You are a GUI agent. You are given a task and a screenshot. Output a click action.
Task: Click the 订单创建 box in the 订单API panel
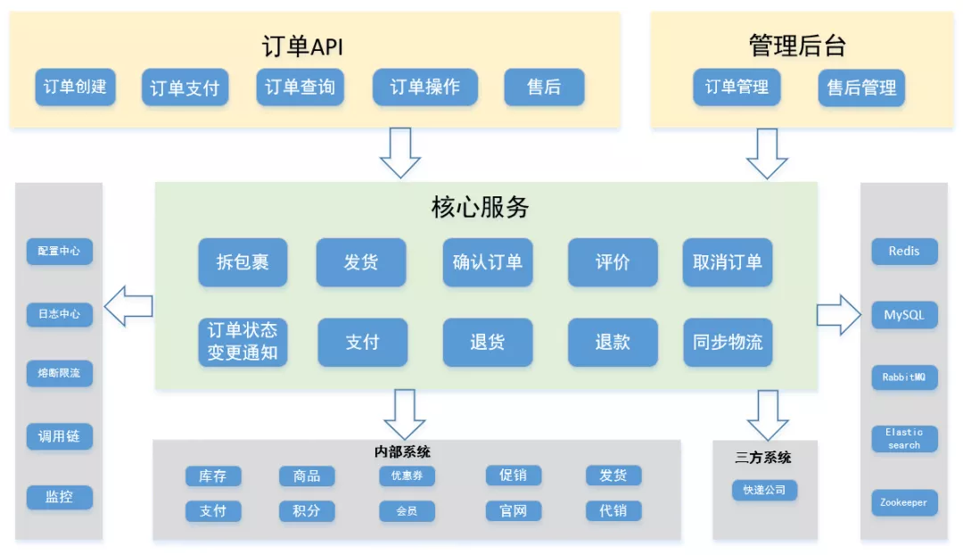tap(75, 87)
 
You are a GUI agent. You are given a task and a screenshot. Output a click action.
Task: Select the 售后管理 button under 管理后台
tap(861, 88)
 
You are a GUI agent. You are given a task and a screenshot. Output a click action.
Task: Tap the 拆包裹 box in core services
tap(243, 262)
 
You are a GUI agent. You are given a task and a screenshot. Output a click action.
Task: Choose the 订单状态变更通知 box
tap(243, 342)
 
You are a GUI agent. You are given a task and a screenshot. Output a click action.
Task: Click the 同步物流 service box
tap(728, 342)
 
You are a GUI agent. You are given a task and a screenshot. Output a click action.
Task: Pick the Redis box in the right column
tap(904, 252)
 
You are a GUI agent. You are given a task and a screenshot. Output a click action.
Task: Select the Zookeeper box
tap(904, 502)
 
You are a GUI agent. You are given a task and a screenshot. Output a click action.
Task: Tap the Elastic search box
tap(904, 438)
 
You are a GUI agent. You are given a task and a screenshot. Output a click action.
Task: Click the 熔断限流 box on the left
tap(59, 373)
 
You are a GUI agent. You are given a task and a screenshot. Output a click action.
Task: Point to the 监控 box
tap(59, 497)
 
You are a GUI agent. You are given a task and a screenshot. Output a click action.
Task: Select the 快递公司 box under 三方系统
tap(764, 490)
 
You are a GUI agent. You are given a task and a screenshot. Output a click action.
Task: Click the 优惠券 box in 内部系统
tap(407, 476)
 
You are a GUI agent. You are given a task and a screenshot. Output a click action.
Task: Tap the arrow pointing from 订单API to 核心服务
tap(400, 153)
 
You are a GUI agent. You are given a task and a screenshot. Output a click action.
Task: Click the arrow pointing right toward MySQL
tap(837, 314)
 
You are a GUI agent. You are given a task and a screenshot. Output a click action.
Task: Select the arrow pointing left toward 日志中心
tap(128, 307)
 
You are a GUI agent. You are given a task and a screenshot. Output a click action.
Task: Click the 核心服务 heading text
tap(480, 208)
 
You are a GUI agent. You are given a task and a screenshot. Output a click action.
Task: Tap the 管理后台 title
tap(796, 46)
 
